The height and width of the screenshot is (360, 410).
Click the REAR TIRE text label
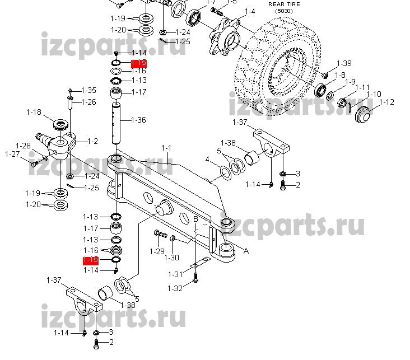coord(284,4)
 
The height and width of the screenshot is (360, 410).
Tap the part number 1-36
coord(138,120)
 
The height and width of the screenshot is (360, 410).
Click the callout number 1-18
coord(34,112)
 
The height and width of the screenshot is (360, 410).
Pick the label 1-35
coord(89,90)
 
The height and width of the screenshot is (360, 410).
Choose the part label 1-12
coord(386,102)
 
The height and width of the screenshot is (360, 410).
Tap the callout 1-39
coord(344,63)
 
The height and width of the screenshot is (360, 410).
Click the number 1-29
coord(157,251)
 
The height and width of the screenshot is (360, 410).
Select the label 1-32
coord(175,288)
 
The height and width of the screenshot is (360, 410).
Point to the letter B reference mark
coord(195,218)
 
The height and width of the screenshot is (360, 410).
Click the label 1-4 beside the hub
coord(249,12)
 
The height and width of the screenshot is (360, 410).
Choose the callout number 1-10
coord(374,93)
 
